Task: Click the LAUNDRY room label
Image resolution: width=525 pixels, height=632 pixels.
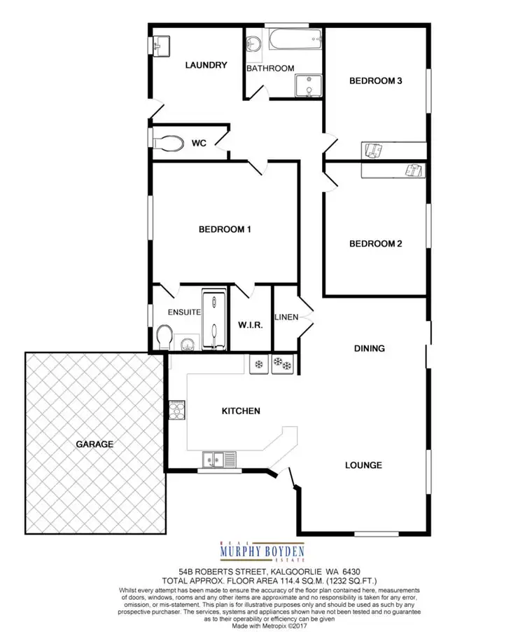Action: pos(206,65)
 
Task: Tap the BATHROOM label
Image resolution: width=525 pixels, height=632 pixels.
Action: pos(270,68)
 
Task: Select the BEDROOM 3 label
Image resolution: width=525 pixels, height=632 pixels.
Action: pos(375,81)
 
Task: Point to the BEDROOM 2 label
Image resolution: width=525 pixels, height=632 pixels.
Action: pos(375,244)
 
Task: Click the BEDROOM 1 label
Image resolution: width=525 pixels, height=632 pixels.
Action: pos(225,229)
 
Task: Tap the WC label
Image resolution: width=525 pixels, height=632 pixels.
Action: pos(198,144)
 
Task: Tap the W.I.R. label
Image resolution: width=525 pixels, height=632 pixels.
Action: pos(250,326)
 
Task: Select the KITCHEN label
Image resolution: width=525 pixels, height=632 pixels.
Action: pos(241,411)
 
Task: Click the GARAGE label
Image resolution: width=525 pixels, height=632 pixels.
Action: pos(96,444)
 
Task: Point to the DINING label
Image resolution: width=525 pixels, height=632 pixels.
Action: pos(370,348)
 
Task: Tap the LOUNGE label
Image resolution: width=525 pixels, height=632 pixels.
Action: pos(363,465)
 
